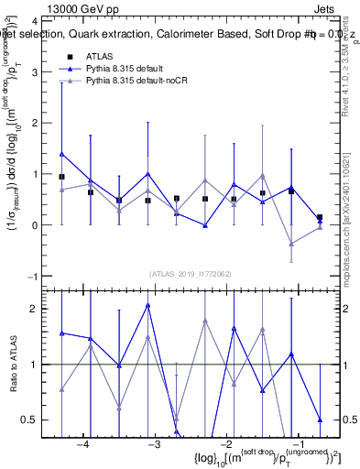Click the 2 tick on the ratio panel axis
tap(38, 309)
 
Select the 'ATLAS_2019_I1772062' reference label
tap(190, 274)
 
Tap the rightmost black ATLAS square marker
tap(320, 217)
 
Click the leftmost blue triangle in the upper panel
tap(61, 154)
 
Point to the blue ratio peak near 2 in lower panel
tap(147, 305)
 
